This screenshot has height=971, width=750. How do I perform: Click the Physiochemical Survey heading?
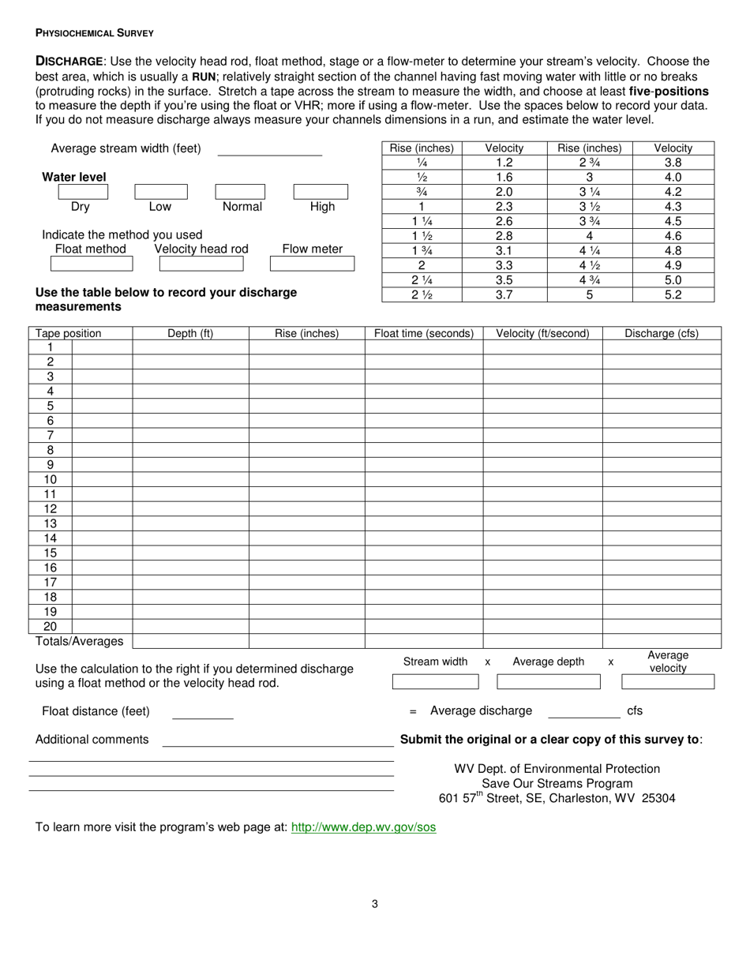pyautogui.click(x=95, y=33)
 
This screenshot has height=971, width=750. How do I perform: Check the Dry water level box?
pyautogui.click(x=83, y=192)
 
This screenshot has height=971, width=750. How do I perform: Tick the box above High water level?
pyautogui.click(x=321, y=192)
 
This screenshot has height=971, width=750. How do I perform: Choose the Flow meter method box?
pyautogui.click(x=312, y=264)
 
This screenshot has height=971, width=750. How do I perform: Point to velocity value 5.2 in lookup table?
pyautogui.click(x=673, y=295)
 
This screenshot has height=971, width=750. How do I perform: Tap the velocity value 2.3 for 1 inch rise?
pyautogui.click(x=504, y=207)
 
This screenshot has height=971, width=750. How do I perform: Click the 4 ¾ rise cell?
pyautogui.click(x=589, y=280)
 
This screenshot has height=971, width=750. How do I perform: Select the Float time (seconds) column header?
pyautogui.click(x=424, y=333)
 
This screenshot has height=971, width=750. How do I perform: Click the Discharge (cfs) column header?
pyautogui.click(x=662, y=333)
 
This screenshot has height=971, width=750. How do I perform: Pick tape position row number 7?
pyautogui.click(x=50, y=436)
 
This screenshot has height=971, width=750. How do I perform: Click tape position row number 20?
pyautogui.click(x=50, y=627)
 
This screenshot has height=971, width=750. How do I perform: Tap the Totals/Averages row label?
pyautogui.click(x=80, y=641)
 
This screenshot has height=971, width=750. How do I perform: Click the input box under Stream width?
pyautogui.click(x=435, y=682)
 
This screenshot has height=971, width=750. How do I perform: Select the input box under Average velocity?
pyautogui.click(x=668, y=682)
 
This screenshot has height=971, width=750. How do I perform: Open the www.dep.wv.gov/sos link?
pyautogui.click(x=363, y=827)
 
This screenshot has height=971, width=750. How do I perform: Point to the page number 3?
pyautogui.click(x=375, y=904)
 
